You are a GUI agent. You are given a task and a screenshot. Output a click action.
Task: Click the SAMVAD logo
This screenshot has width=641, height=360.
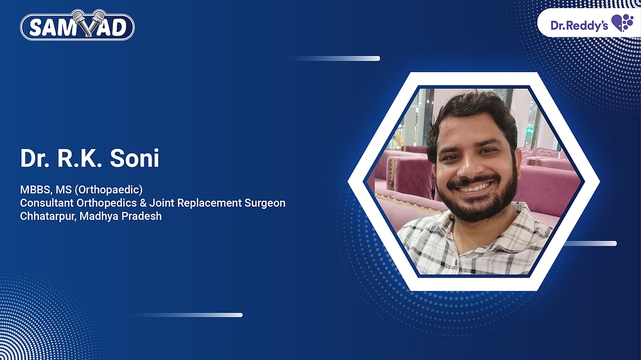click(x=77, y=25)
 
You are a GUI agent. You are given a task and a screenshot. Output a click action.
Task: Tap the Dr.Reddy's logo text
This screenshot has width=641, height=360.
click(x=579, y=25)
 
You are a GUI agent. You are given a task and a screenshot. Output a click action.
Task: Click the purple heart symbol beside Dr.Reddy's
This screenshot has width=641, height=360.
click(x=622, y=24)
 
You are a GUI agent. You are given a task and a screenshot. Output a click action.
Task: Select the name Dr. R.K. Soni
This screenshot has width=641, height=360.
click(x=90, y=159)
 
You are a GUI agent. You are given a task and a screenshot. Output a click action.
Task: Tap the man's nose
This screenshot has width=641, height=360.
click(x=470, y=168)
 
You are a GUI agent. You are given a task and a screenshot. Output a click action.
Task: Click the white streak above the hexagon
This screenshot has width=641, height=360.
click(x=334, y=58)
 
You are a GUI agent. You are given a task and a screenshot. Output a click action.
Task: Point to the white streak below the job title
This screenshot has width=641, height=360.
click(x=187, y=315)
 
